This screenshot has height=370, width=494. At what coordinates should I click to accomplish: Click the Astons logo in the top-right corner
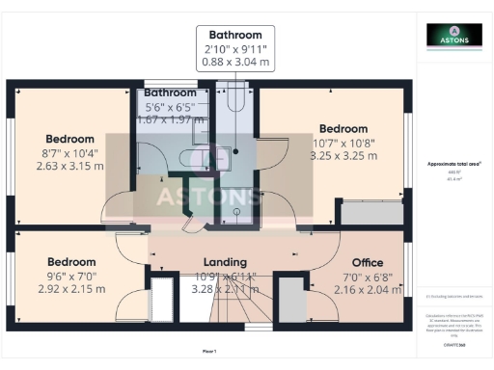[453, 35]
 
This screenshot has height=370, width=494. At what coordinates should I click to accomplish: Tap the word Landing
[225, 262]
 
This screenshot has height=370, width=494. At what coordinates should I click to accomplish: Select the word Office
[368, 262]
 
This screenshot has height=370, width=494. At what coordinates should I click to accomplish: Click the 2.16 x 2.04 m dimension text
[368, 289]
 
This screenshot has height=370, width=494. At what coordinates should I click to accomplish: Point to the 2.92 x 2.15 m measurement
[72, 289]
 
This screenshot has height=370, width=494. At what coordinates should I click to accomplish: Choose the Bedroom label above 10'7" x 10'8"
[343, 128]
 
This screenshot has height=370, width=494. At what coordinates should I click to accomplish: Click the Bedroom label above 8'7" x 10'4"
[69, 139]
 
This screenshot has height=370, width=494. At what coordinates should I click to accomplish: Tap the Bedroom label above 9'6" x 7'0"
[72, 262]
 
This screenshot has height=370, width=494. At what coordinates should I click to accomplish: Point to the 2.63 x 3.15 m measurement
[69, 165]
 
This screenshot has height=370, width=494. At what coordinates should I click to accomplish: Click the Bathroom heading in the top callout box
[235, 35]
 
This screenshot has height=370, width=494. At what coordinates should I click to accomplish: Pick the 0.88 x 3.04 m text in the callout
[235, 62]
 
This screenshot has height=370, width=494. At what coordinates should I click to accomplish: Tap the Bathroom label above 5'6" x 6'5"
[171, 92]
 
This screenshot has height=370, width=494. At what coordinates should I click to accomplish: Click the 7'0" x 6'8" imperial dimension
[368, 276]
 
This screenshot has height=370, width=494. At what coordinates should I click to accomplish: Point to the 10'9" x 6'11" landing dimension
[225, 276]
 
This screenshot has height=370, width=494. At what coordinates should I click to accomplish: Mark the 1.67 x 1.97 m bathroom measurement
[171, 119]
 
